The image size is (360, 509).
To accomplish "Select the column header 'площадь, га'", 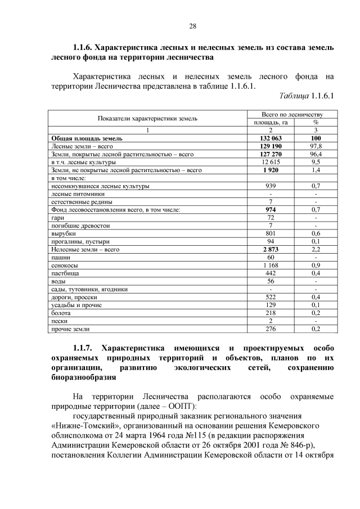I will (x=271, y=122).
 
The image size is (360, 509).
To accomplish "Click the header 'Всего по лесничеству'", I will (x=292, y=114).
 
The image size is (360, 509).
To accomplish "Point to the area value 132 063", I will (x=271, y=138).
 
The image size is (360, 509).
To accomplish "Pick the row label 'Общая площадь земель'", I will (x=87, y=138).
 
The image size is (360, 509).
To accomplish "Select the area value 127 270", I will (x=271, y=154).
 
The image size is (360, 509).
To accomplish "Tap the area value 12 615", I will (x=271, y=161).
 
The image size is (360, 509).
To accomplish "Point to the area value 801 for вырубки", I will (x=271, y=233).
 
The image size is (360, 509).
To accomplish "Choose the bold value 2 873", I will (x=271, y=249).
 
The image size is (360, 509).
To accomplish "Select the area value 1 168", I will (x=271, y=264).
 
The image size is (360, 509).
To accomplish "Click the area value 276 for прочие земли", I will (x=271, y=328).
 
